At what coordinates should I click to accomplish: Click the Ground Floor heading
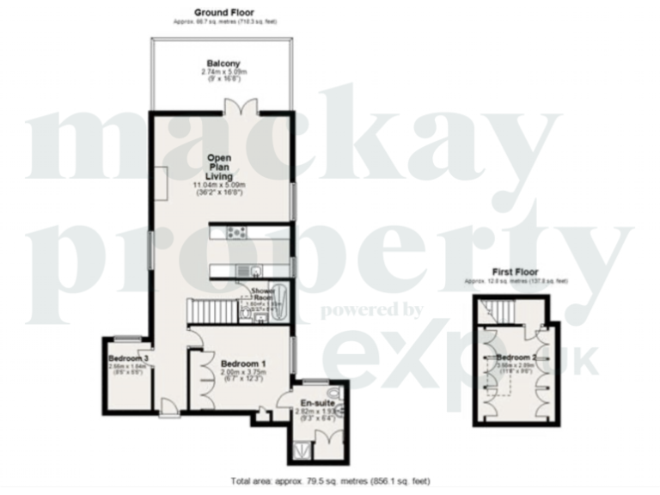coord(223,11)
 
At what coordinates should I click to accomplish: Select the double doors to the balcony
coord(236,107)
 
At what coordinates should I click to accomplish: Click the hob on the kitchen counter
coord(235,230)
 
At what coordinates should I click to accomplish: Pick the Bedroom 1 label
coord(242,364)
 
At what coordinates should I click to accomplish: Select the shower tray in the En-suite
coord(302,446)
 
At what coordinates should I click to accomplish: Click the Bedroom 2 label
coord(516,356)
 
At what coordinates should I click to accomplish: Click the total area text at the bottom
coord(330,481)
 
